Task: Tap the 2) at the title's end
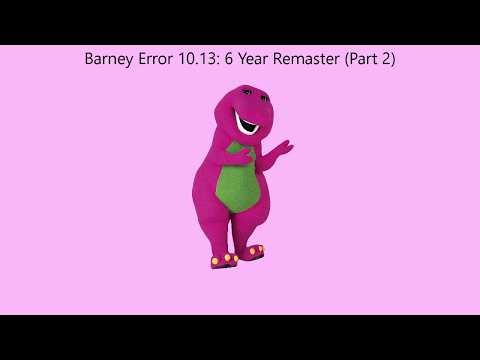pyautogui.click(x=389, y=60)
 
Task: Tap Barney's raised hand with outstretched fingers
pyautogui.click(x=282, y=150)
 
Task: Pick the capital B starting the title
pyautogui.click(x=90, y=60)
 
